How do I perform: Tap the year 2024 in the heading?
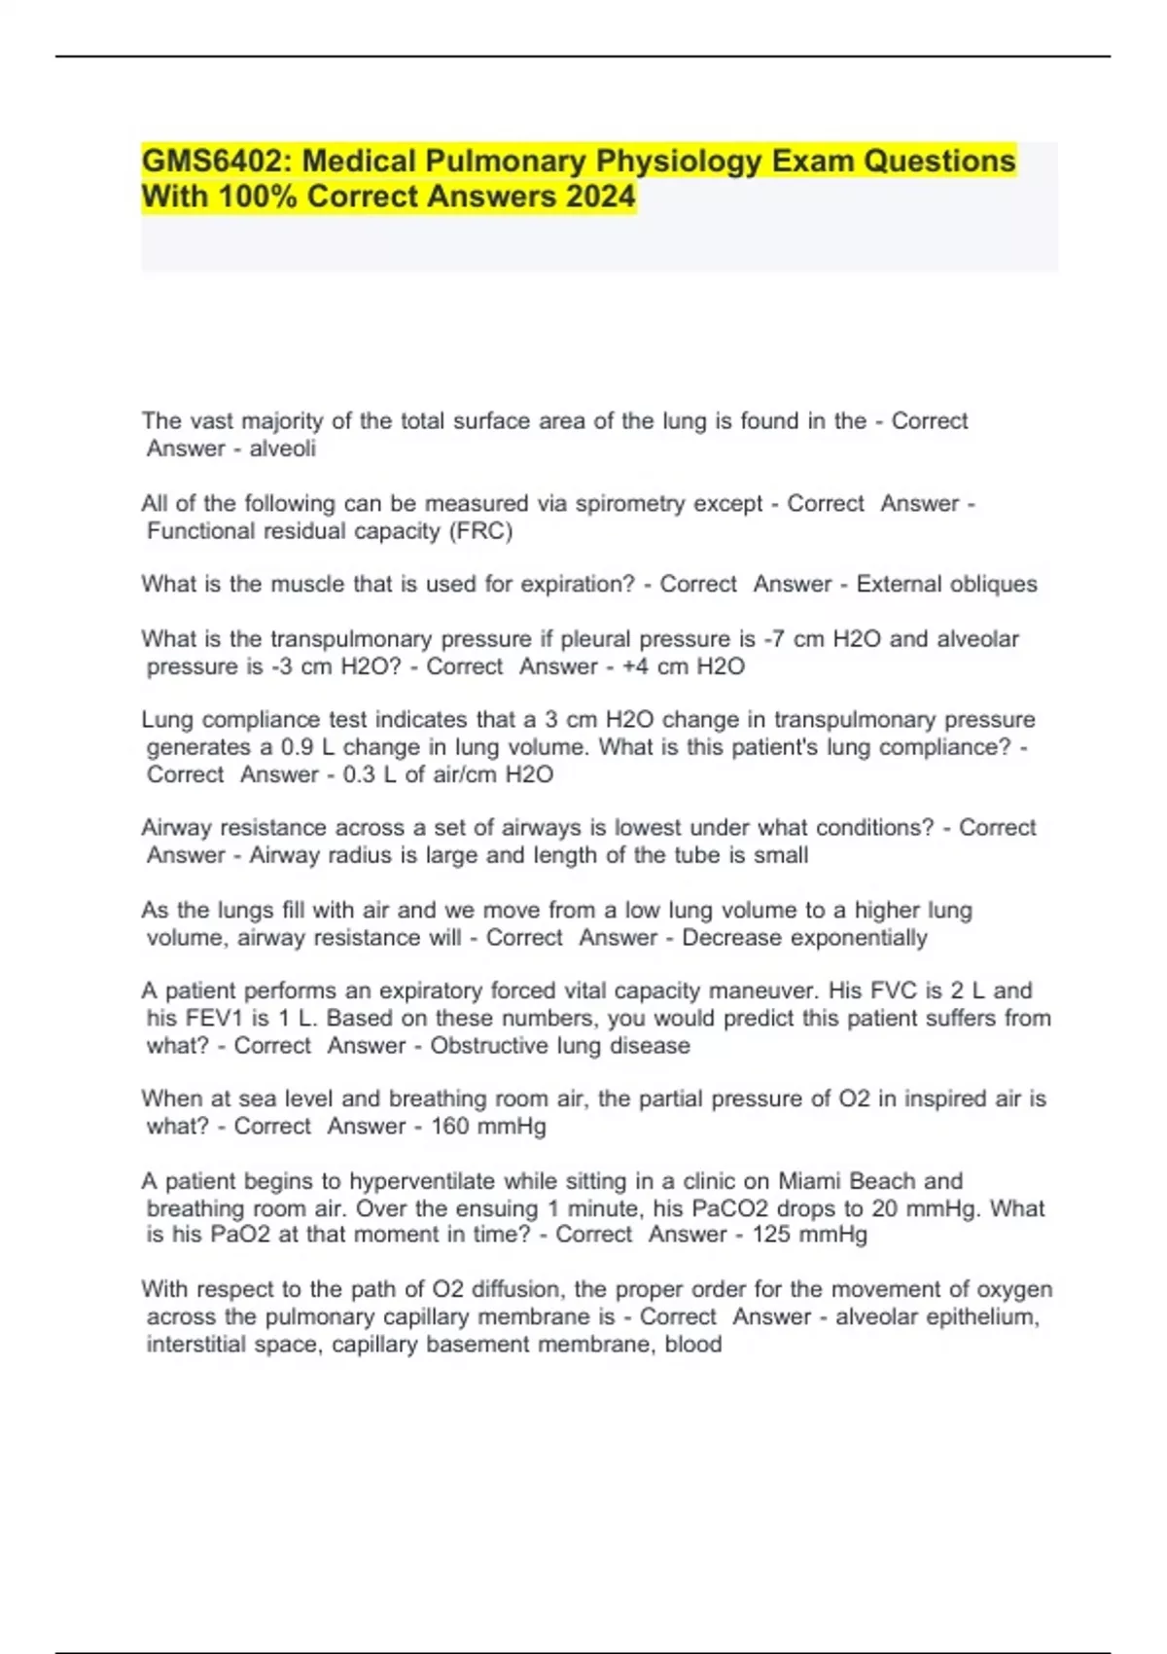598,197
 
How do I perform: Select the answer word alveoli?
282,449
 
